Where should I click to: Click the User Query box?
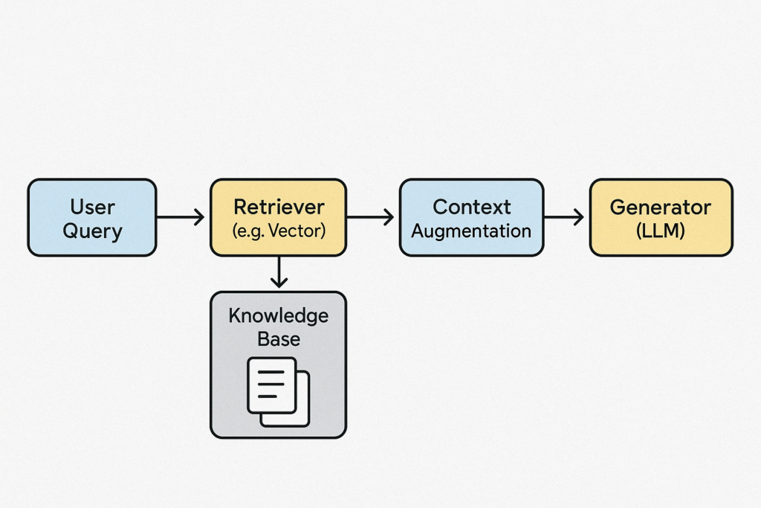tap(91, 218)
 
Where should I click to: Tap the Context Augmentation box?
tap(471, 218)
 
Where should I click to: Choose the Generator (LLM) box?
tap(661, 218)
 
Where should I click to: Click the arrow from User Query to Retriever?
tap(180, 217)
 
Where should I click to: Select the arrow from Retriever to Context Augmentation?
tap(370, 217)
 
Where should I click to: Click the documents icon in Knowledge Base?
tap(277, 391)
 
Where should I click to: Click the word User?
tap(91, 207)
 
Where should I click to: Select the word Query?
tap(91, 231)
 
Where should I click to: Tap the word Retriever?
tap(279, 207)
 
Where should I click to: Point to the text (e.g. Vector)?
tap(279, 231)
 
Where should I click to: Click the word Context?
tap(471, 207)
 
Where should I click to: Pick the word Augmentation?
tap(471, 231)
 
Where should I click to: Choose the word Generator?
tap(661, 207)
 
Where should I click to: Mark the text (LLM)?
tap(661, 231)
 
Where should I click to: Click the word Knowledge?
tap(278, 315)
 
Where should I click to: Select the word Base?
tap(278, 339)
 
